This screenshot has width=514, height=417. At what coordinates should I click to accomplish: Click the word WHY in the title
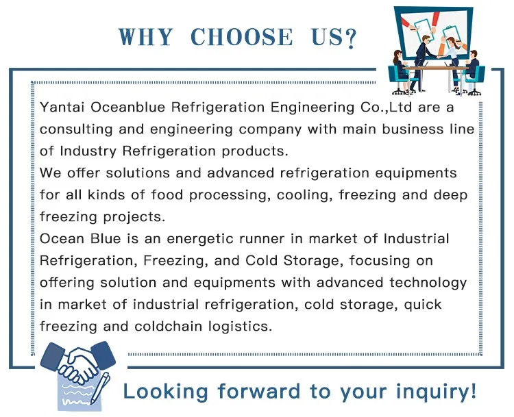tap(145, 37)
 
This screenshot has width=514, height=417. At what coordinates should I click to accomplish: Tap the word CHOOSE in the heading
tap(242, 37)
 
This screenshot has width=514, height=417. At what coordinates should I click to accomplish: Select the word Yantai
tap(62, 108)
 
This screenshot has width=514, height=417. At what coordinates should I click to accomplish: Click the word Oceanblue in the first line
tap(128, 107)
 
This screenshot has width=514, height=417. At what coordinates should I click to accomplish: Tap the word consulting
tap(76, 129)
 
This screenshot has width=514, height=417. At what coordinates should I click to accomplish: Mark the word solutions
tap(138, 173)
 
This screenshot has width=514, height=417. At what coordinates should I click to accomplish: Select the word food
tap(167, 195)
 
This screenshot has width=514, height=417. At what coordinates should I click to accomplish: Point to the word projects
tap(134, 217)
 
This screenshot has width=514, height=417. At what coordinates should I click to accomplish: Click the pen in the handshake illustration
tap(100, 388)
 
